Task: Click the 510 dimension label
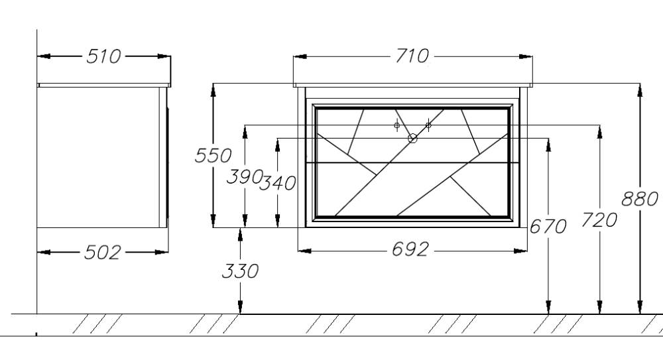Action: (x=103, y=56)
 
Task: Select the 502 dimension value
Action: (x=102, y=253)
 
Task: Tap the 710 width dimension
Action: (x=412, y=56)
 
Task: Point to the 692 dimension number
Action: (x=410, y=249)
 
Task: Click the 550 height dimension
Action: (x=213, y=155)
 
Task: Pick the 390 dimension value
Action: (x=245, y=176)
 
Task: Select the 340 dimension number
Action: (x=277, y=183)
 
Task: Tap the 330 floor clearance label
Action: (x=240, y=271)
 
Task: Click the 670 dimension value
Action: (x=548, y=227)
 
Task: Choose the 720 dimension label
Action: (x=599, y=220)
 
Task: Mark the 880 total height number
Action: (x=640, y=199)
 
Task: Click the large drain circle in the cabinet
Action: (x=412, y=139)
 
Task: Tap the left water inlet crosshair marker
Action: (x=396, y=125)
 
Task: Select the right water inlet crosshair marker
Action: (x=428, y=125)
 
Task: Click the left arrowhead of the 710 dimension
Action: (x=300, y=56)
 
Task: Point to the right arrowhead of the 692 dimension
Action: (x=520, y=251)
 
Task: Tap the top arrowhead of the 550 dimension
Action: (x=213, y=90)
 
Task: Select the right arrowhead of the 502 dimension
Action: (x=162, y=253)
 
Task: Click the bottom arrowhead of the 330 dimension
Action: (x=240, y=307)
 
